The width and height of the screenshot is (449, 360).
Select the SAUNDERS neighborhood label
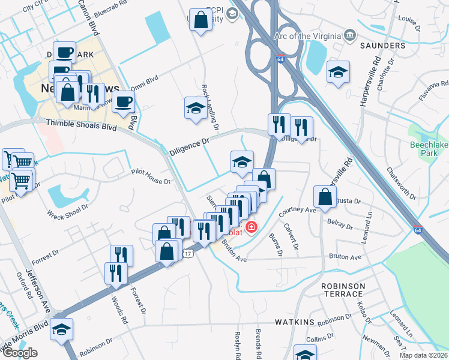383,46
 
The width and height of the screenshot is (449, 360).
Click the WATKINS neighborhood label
295,323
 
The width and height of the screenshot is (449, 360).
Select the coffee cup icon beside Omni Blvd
124,102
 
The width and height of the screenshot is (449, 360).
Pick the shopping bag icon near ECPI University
200,20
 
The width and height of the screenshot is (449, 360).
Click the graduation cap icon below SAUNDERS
338,72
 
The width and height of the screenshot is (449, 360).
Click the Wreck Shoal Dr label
67,210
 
